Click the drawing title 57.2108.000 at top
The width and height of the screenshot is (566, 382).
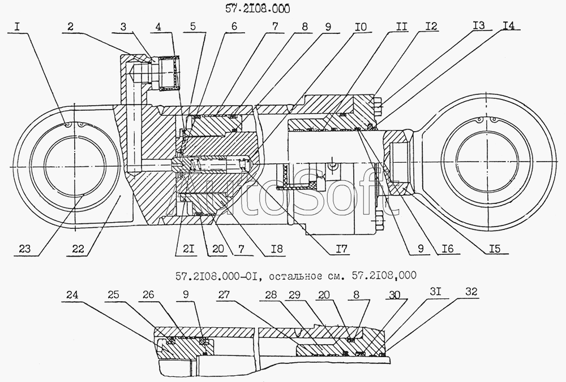click(x=258, y=9)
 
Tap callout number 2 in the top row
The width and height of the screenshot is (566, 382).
click(x=70, y=27)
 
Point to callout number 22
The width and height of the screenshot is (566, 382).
click(x=78, y=248)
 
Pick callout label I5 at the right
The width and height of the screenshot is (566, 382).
click(x=495, y=248)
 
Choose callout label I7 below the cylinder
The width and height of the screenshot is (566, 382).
click(x=339, y=249)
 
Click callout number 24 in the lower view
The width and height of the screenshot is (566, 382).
click(x=72, y=295)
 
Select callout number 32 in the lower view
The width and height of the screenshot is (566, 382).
click(x=471, y=291)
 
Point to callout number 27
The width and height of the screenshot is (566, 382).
click(x=224, y=295)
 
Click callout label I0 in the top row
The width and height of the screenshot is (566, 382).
click(x=360, y=27)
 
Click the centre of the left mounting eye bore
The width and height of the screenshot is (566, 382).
click(x=75, y=167)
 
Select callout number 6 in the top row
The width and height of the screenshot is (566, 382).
click(x=234, y=27)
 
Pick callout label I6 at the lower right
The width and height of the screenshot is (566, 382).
click(x=447, y=248)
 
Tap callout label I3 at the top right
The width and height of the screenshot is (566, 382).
click(x=478, y=25)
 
